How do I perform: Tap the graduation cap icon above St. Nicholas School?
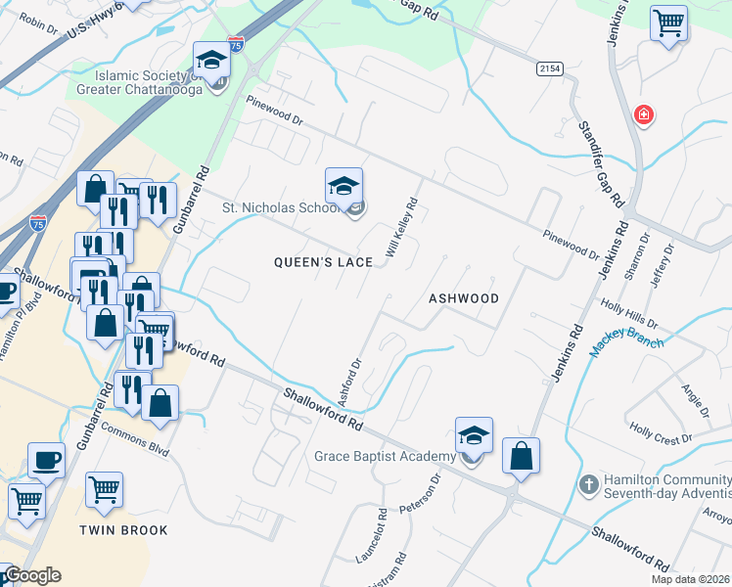pyautogui.click(x=343, y=186)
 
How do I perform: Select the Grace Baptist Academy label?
pyautogui.click(x=385, y=457)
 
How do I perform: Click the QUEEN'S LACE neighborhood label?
pyautogui.click(x=323, y=262)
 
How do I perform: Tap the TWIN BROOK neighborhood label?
pyautogui.click(x=124, y=530)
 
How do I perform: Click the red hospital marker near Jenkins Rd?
pyautogui.click(x=643, y=115)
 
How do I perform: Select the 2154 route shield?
pyautogui.click(x=548, y=68)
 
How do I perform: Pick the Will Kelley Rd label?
pyautogui.click(x=402, y=229)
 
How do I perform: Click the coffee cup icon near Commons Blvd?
pyautogui.click(x=46, y=460)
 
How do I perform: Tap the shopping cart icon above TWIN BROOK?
pyautogui.click(x=104, y=489)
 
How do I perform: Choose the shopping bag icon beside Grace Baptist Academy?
pyautogui.click(x=522, y=455)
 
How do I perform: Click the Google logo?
pyautogui.click(x=32, y=576)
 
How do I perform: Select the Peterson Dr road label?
pyautogui.click(x=430, y=495)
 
